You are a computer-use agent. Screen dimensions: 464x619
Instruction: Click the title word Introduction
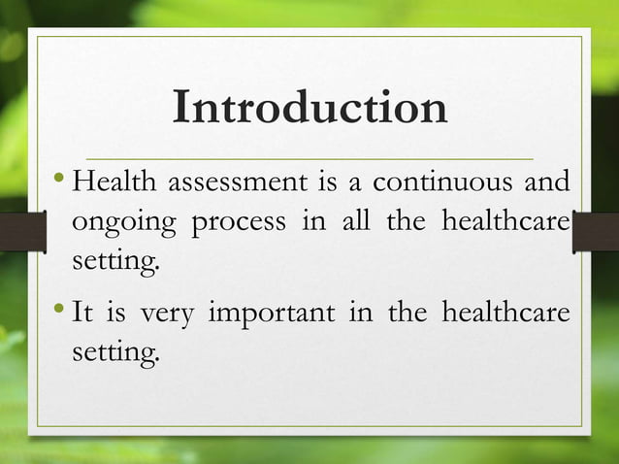(x=309, y=109)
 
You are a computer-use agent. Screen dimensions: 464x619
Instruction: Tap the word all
(x=356, y=221)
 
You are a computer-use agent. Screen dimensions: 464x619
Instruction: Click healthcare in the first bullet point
(x=505, y=221)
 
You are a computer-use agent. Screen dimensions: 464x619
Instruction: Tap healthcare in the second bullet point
(x=505, y=313)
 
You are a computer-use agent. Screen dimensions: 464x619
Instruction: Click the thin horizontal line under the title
(x=309, y=157)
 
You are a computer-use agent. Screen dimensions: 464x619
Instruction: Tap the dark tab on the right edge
(x=595, y=232)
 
